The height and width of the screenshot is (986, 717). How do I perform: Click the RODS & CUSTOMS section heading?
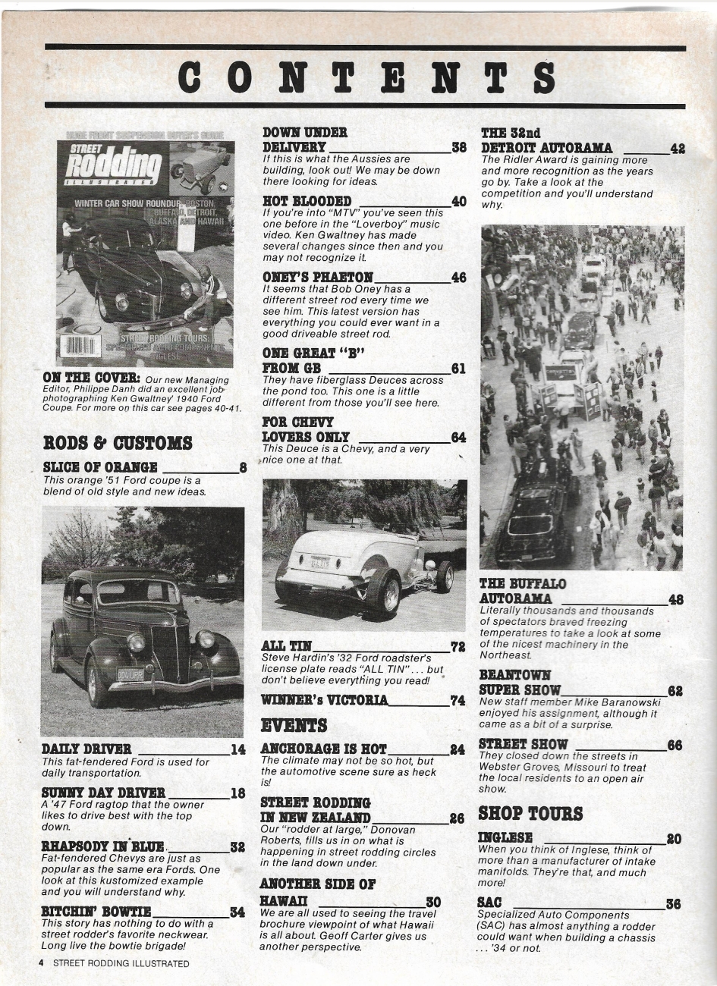118,442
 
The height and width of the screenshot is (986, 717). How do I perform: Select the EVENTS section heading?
294,725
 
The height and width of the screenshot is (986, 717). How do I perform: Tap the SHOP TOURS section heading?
530,814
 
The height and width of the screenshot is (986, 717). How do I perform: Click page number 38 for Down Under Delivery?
459,148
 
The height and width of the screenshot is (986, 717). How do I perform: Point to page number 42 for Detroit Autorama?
678,149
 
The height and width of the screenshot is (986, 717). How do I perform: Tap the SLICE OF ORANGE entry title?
100,467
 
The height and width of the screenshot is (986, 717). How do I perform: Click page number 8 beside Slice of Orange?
243,468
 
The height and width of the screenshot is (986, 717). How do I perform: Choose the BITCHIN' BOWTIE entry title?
96,911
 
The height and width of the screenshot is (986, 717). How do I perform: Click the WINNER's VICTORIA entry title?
324,700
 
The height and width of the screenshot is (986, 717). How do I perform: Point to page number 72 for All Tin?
458,647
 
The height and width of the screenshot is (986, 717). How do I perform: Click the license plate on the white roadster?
319,562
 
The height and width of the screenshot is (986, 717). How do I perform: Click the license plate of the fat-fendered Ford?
131,674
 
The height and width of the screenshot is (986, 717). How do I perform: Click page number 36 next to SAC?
673,903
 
